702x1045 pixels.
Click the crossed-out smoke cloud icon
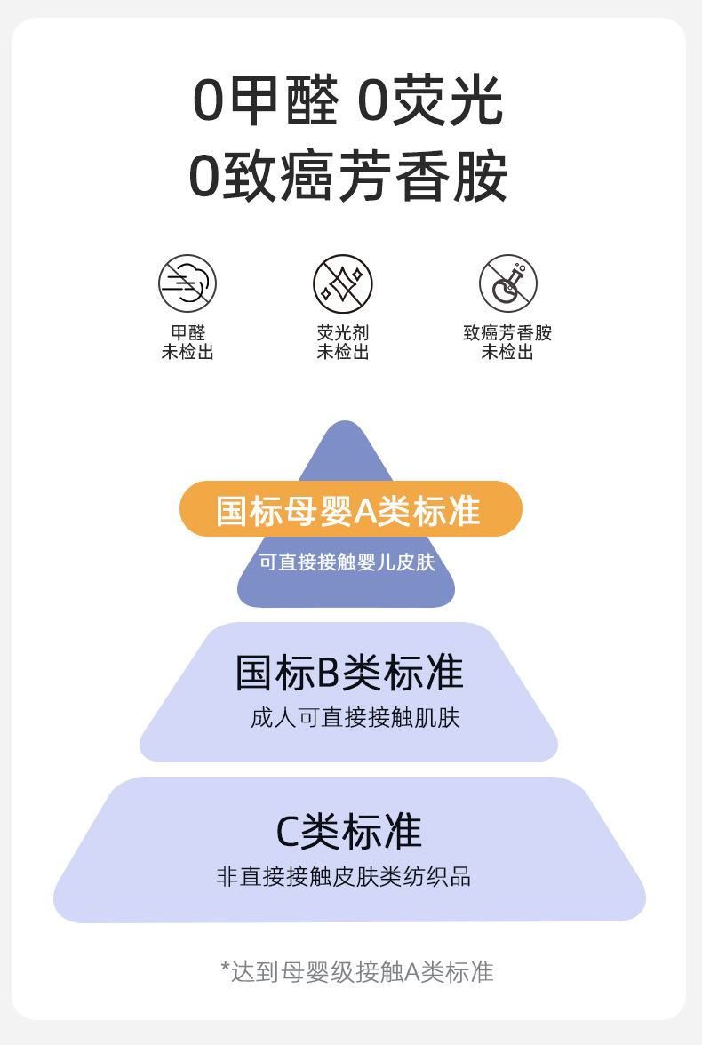tap(187, 283)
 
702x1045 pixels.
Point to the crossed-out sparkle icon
tap(342, 283)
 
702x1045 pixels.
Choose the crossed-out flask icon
tap(507, 283)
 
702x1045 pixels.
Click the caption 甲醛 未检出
tap(187, 342)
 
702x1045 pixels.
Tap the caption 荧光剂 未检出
tap(342, 342)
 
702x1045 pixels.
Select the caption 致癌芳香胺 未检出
tap(507, 342)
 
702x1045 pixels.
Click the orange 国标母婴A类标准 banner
tap(350, 509)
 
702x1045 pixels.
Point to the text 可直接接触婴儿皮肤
tap(347, 562)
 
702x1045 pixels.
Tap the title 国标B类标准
tap(348, 673)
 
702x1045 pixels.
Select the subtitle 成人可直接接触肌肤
tap(355, 717)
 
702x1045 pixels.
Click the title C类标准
tap(348, 831)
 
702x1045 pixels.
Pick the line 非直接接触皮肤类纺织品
tap(343, 876)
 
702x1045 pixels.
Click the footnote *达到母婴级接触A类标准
tap(356, 971)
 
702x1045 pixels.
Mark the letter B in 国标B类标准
tap(329, 674)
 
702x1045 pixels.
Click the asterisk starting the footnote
tap(225, 967)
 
